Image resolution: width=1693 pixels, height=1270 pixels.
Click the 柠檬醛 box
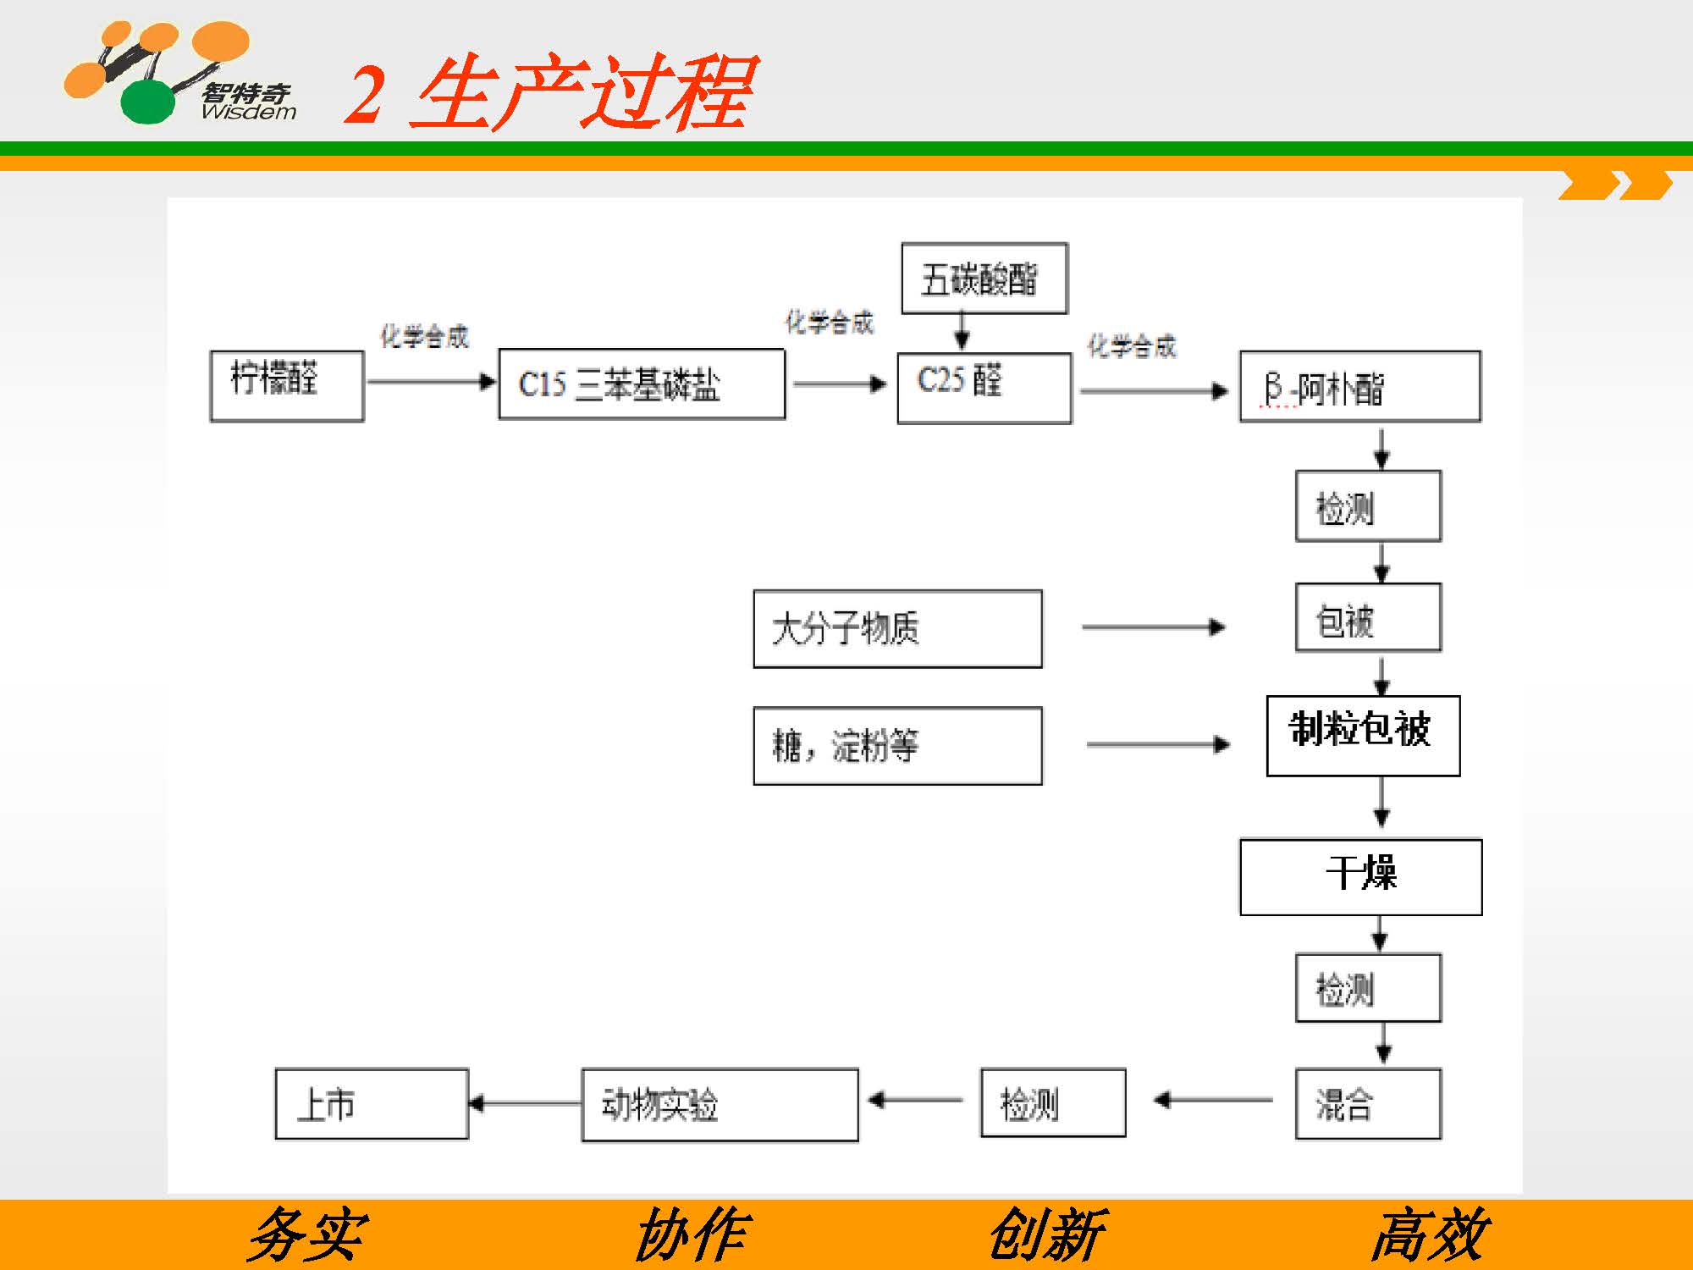[x=287, y=385]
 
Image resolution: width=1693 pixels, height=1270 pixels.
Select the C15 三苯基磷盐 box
[x=642, y=384]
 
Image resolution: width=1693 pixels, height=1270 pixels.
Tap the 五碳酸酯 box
[x=984, y=279]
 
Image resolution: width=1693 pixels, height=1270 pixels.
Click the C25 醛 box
[x=984, y=388]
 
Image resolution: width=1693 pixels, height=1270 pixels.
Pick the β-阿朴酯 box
[x=1359, y=386]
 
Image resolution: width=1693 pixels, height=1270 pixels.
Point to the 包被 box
[x=1368, y=617]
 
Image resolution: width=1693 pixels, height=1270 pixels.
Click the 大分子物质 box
[x=897, y=629]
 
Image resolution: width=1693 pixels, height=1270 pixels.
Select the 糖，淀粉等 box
[x=897, y=746]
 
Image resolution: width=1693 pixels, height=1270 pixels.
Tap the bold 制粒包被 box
[x=1363, y=735]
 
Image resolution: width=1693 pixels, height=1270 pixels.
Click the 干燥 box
[x=1360, y=876]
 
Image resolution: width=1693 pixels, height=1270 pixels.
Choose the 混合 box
[x=1368, y=1103]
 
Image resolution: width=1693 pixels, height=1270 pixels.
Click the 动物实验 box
[x=720, y=1104]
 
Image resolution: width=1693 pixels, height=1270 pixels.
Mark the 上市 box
[x=372, y=1103]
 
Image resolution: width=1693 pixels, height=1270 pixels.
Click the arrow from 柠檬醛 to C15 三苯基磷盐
[x=431, y=382]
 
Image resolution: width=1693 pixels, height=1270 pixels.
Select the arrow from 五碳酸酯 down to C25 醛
[x=962, y=331]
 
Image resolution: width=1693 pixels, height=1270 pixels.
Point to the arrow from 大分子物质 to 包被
[x=1153, y=627]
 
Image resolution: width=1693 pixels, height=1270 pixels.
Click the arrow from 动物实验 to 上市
[x=525, y=1103]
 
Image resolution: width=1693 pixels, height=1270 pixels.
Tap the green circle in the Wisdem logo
[x=148, y=102]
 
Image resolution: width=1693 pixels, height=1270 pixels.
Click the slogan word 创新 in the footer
[x=1046, y=1234]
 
